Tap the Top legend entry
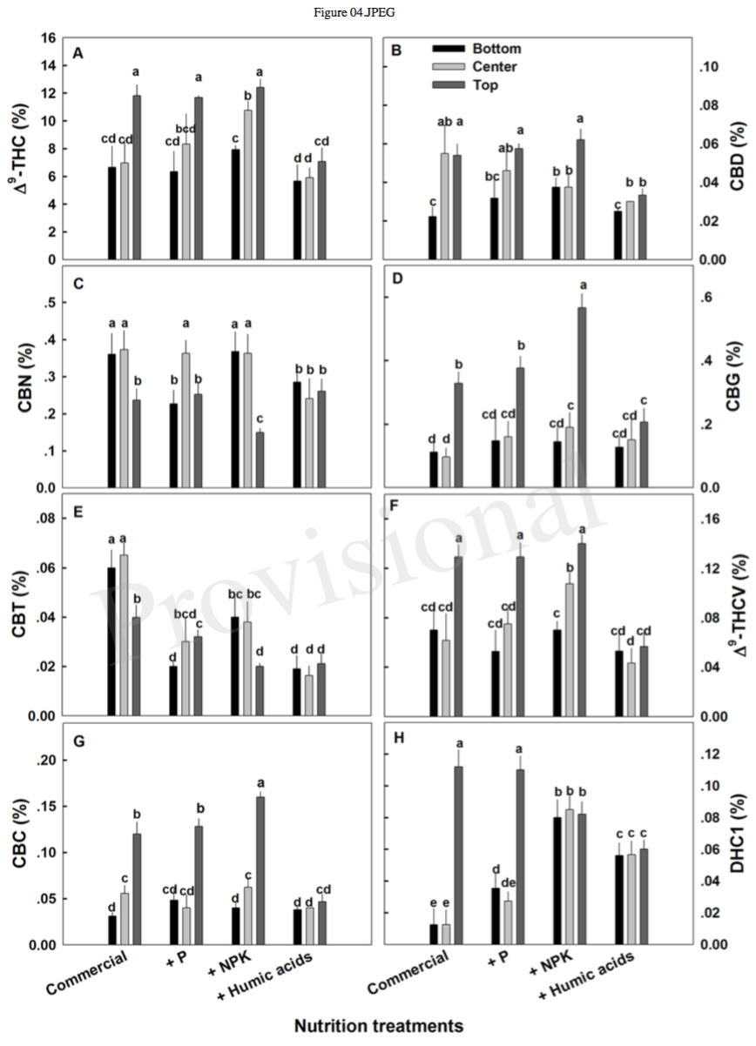coord(477,85)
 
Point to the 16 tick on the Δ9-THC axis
coord(49,37)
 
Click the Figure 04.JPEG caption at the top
coord(377,10)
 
